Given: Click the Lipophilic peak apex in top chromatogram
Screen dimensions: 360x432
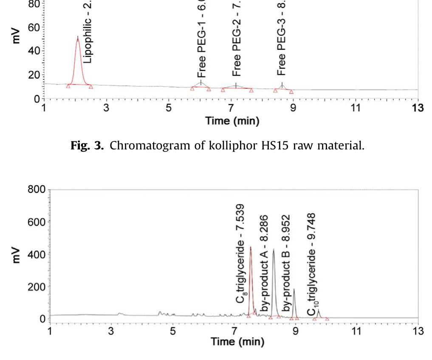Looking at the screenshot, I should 78,37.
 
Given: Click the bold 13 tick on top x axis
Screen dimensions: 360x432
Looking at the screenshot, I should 418,108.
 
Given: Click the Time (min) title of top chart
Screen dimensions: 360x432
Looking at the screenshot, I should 232,121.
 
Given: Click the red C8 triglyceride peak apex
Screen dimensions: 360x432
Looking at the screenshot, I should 251,247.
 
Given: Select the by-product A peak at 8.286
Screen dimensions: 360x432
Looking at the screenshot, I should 274,250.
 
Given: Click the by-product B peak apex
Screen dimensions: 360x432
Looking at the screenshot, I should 294,290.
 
